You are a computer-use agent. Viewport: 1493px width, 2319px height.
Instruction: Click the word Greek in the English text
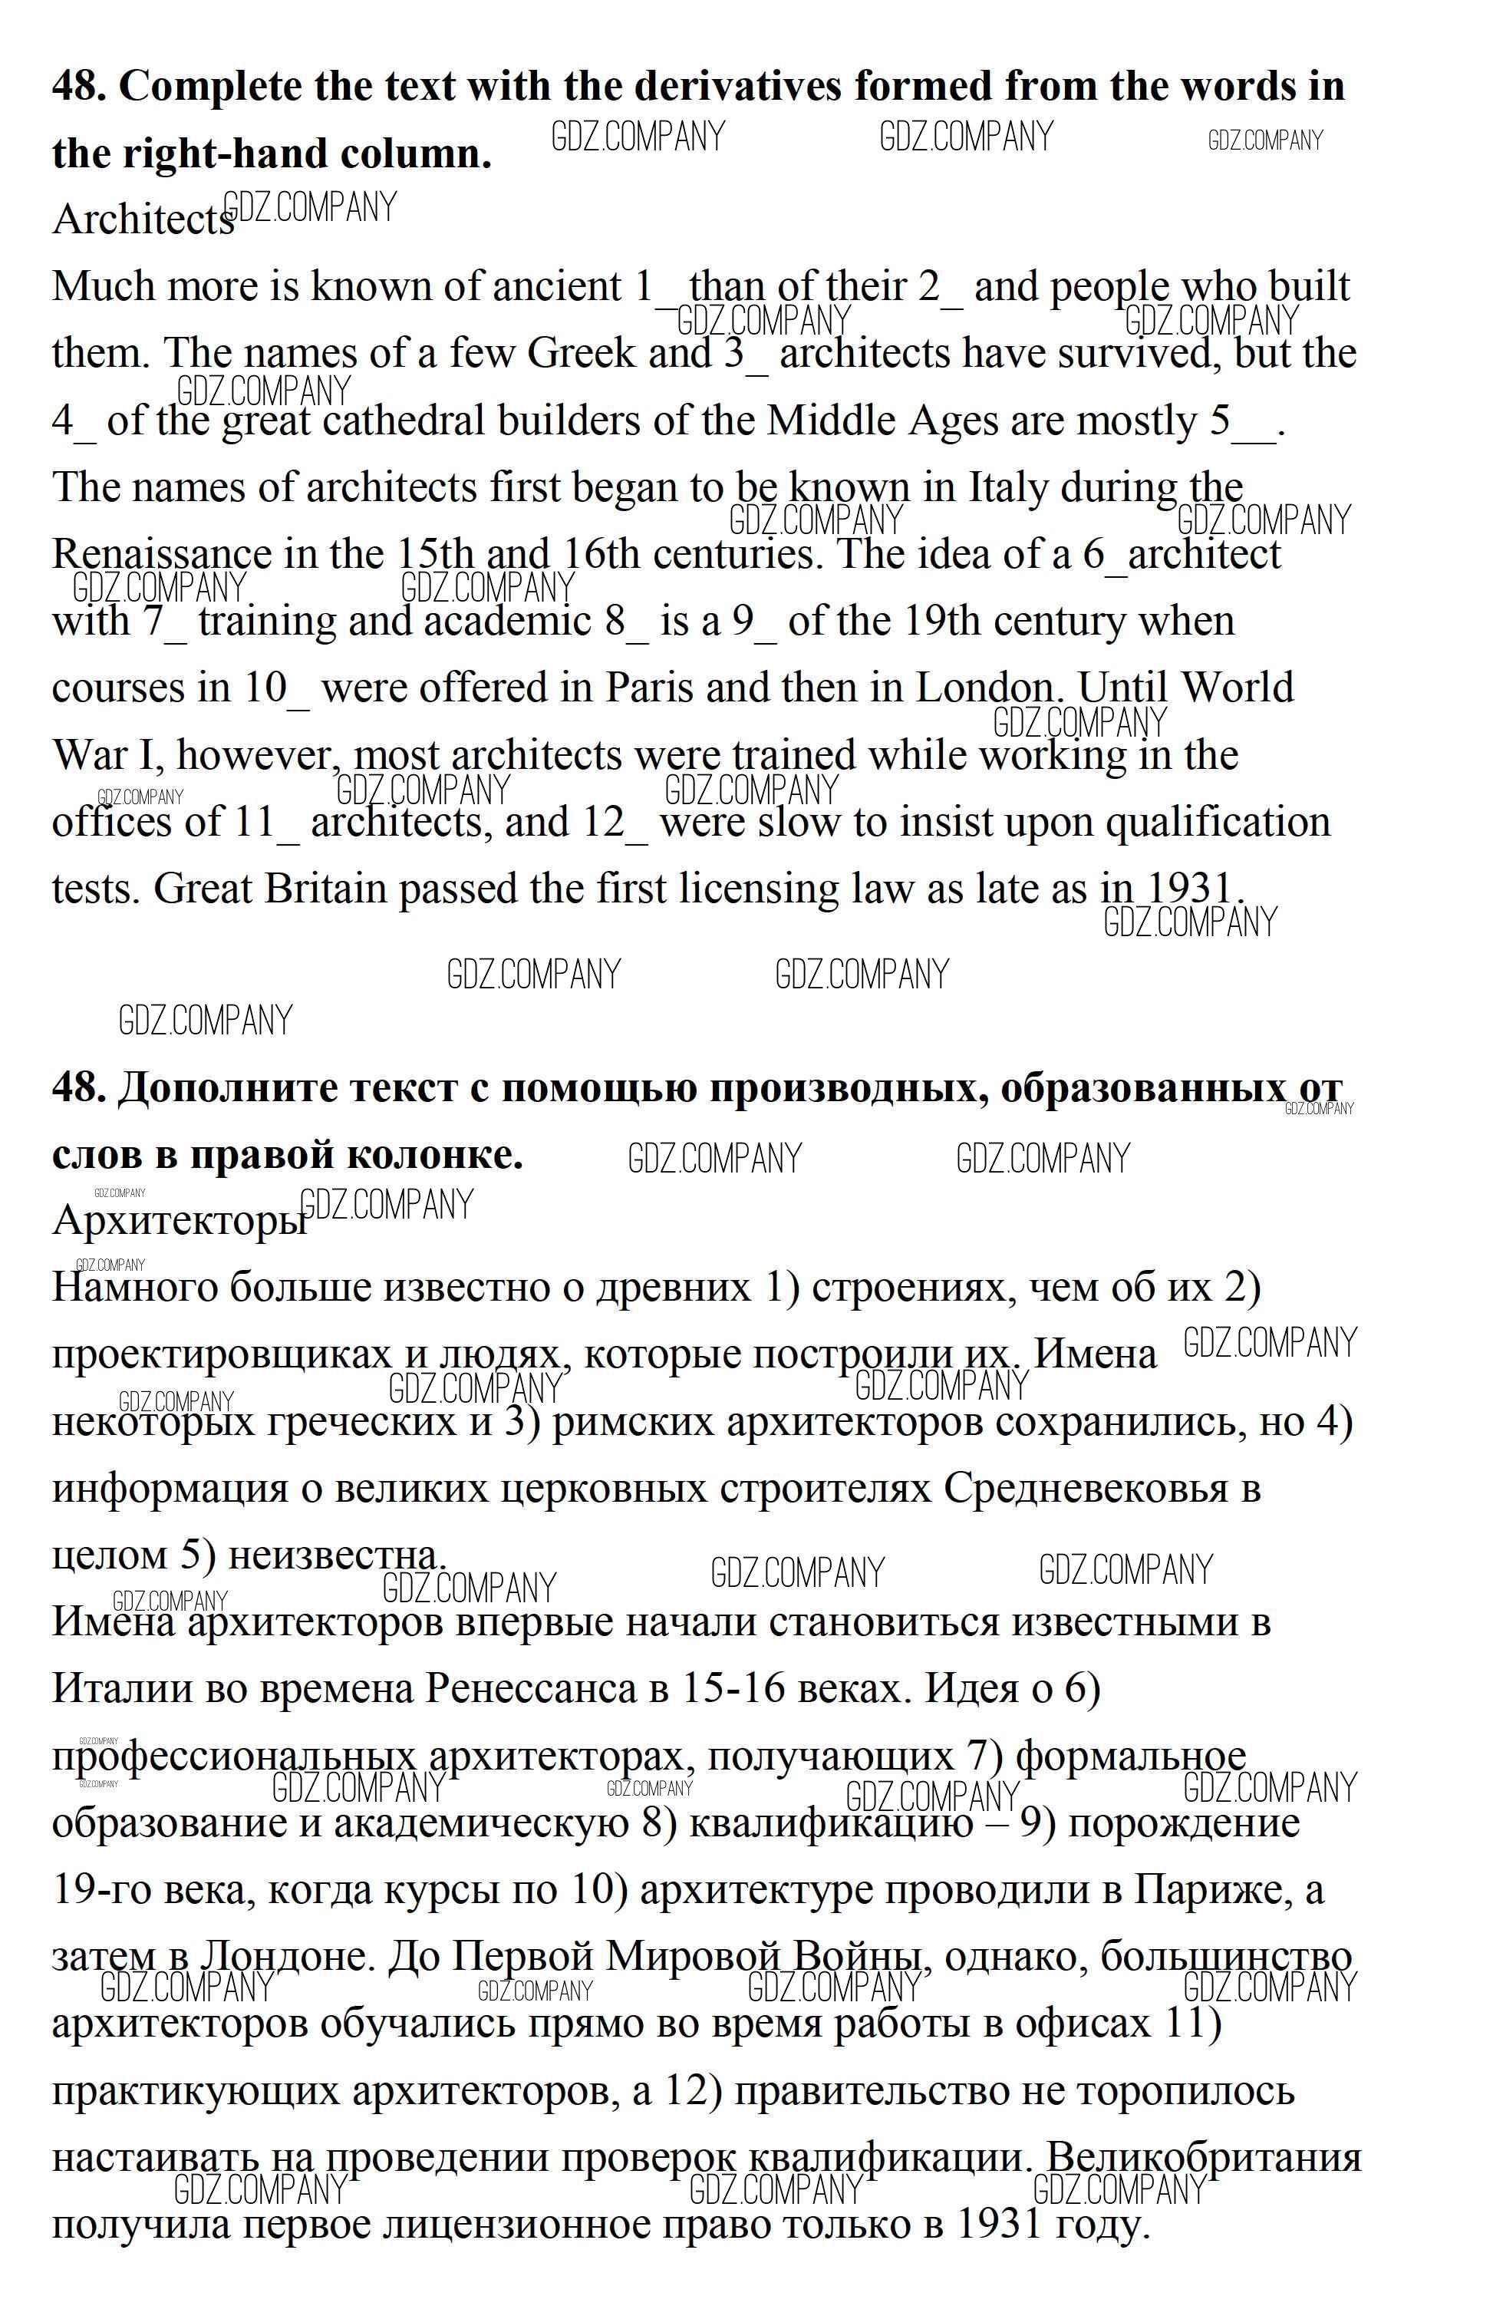point(580,353)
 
